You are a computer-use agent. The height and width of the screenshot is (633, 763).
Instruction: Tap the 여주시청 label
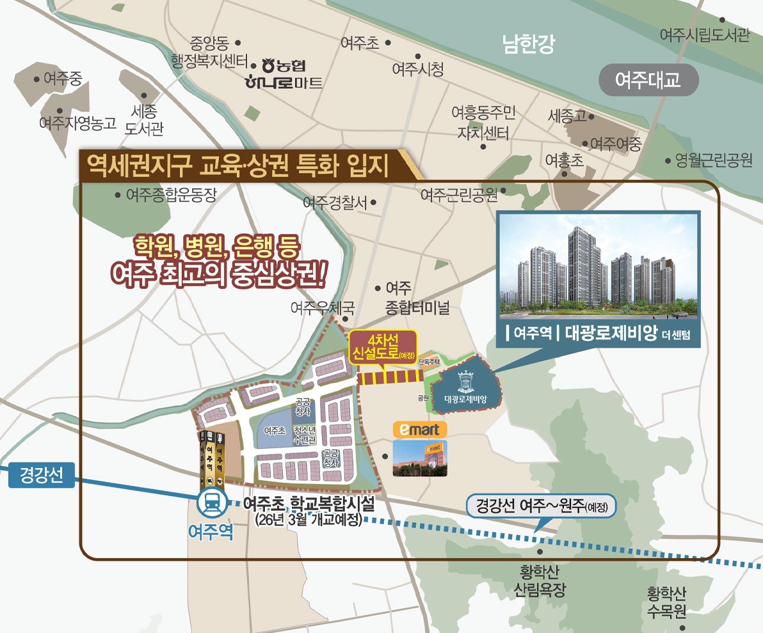(x=418, y=69)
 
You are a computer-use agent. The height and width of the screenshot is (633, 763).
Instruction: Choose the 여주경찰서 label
(x=335, y=203)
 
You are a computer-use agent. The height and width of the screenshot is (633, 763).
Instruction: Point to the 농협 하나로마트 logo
(x=285, y=74)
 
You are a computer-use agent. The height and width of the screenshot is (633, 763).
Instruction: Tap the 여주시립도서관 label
(x=704, y=35)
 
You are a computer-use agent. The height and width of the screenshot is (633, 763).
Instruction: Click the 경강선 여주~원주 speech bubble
(x=541, y=508)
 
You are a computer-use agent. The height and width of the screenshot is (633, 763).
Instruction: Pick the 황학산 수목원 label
(x=666, y=603)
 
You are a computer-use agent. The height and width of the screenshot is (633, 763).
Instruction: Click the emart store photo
(x=420, y=458)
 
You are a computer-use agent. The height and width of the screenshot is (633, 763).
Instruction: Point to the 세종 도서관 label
(x=143, y=120)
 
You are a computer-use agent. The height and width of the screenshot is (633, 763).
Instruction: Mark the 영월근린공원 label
(x=714, y=160)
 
